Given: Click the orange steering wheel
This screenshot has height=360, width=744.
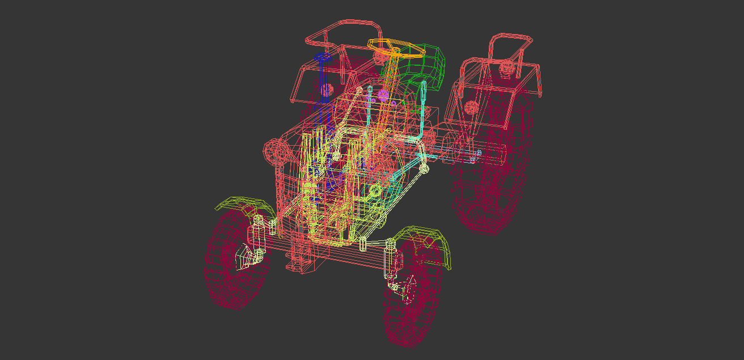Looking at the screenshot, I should [x=396, y=48].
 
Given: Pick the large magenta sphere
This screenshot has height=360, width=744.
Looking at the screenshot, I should [x=383, y=94].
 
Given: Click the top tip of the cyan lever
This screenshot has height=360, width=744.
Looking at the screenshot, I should [x=423, y=84].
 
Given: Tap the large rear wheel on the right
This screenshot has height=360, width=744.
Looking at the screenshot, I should [x=493, y=170].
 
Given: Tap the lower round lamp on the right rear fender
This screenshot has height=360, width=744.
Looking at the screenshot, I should [x=471, y=107].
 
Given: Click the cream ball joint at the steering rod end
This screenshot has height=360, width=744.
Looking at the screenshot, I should [x=424, y=168].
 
